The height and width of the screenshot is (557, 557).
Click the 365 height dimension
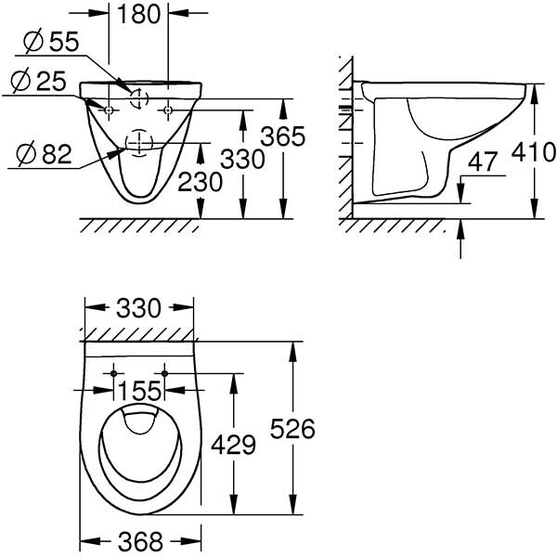[x=283, y=136]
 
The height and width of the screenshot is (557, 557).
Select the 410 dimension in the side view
[x=536, y=151]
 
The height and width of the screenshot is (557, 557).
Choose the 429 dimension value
[x=232, y=445]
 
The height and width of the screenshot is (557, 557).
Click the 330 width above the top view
[x=139, y=307]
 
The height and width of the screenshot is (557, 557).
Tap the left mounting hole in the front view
[x=110, y=110]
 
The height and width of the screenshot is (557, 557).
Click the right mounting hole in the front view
[x=167, y=110]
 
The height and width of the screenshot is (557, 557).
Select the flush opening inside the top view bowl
[x=138, y=422]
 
